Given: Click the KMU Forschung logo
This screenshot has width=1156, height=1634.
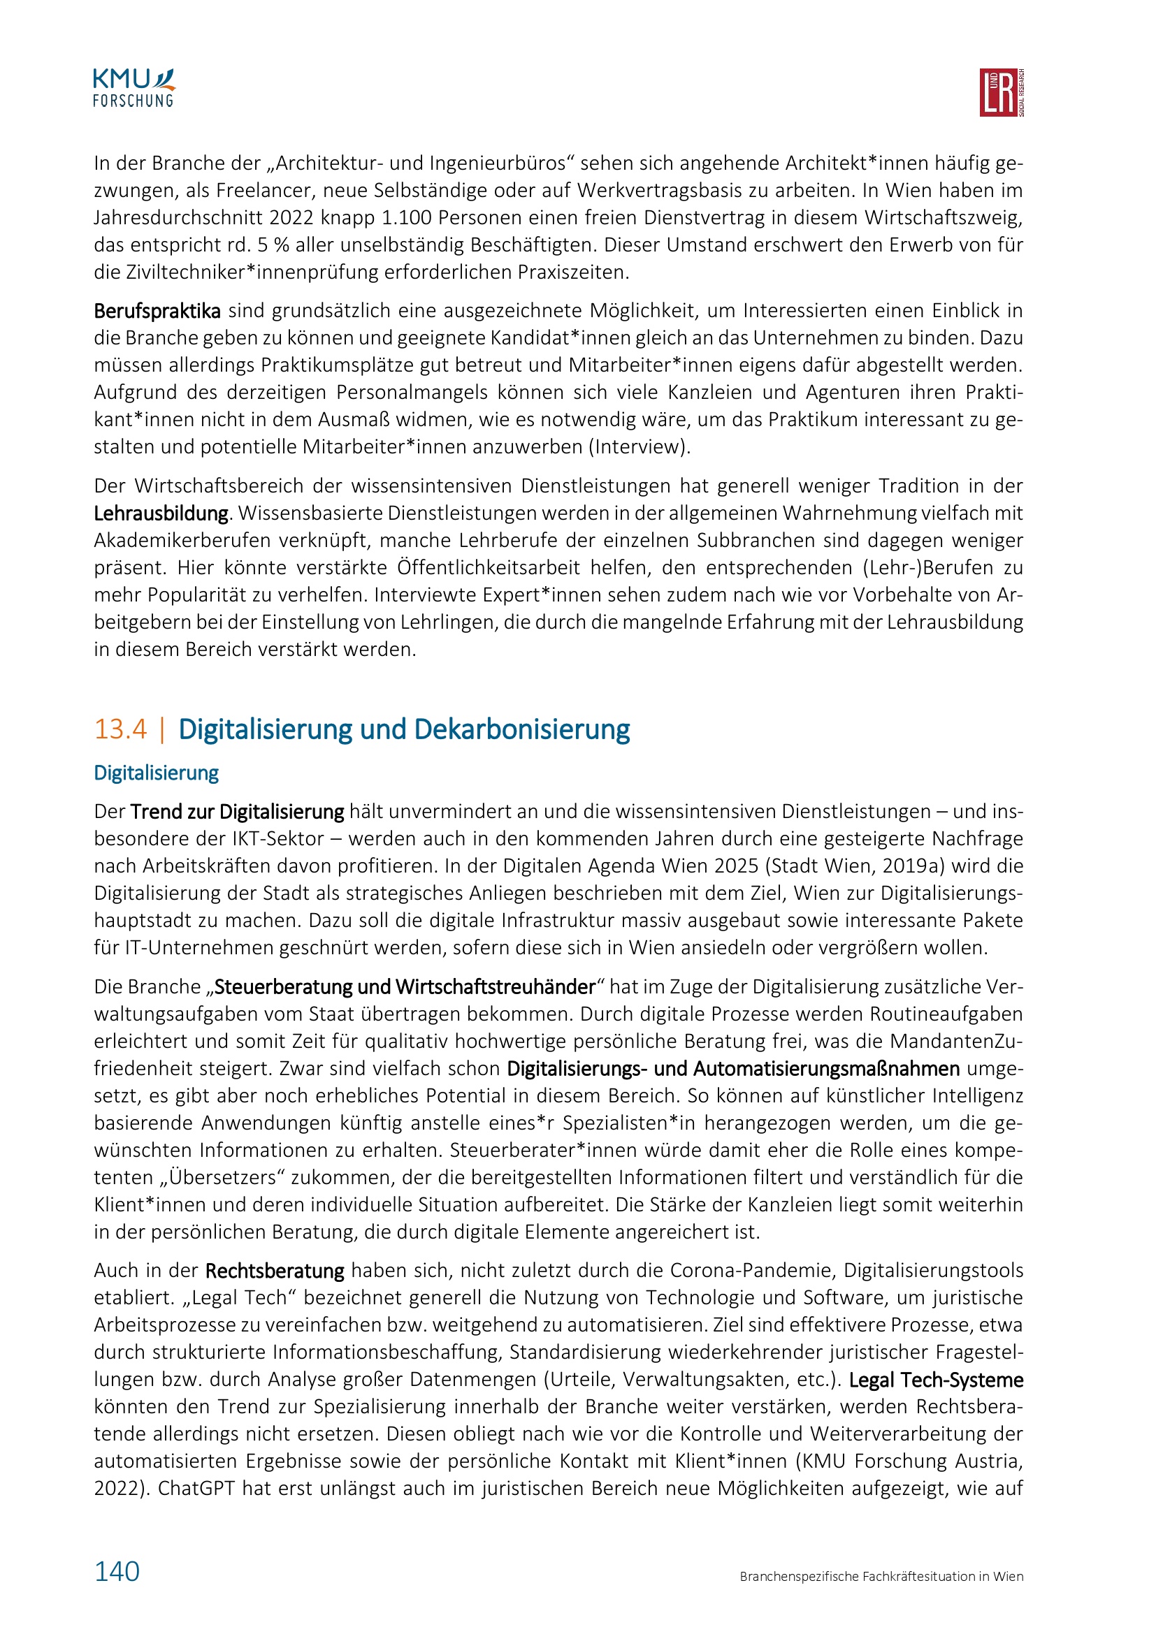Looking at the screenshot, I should click(x=133, y=88).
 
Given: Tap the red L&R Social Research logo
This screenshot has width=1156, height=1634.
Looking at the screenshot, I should click(x=1001, y=92).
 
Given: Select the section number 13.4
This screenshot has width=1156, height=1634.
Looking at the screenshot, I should click(x=120, y=729).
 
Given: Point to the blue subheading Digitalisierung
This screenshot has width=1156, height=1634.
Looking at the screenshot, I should click(x=156, y=773).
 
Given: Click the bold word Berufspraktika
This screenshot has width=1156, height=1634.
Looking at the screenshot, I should click(x=157, y=311).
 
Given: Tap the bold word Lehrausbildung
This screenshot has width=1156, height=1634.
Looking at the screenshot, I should click(x=161, y=513).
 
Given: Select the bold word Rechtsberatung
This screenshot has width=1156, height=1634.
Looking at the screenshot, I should click(x=275, y=1270).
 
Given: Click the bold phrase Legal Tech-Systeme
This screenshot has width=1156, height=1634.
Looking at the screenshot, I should click(x=936, y=1380).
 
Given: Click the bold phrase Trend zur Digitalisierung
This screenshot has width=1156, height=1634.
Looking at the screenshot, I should click(x=238, y=812).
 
